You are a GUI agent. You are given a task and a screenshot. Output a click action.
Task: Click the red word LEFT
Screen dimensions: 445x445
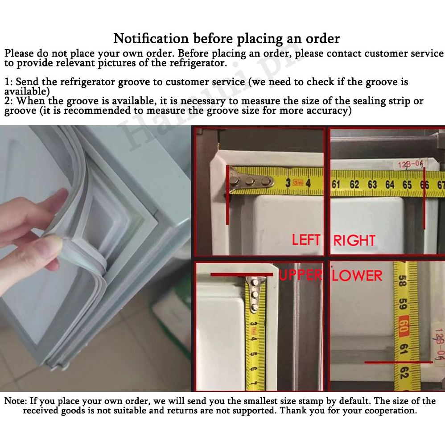pos(306,240)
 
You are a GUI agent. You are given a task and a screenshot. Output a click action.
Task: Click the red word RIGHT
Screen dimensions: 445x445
pos(354,240)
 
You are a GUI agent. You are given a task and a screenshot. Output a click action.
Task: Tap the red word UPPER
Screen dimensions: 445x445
pos(301,275)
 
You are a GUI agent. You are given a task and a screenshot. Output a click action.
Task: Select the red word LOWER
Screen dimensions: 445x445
pos(357,276)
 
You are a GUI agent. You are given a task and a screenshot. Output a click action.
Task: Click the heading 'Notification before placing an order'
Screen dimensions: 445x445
pos(227,38)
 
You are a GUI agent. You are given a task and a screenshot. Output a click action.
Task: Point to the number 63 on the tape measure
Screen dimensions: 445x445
pos(372,185)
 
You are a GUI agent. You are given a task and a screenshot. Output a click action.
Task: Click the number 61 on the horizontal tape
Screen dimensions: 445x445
pos(336,185)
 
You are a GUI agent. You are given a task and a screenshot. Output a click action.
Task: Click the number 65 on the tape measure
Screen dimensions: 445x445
pos(407,185)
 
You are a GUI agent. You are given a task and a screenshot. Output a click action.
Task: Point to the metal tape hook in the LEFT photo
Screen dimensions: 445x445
pos(250,181)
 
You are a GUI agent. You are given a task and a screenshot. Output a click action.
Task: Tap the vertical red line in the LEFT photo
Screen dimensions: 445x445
pos(227,195)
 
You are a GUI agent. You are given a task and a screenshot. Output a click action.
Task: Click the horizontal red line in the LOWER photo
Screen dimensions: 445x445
pos(399,362)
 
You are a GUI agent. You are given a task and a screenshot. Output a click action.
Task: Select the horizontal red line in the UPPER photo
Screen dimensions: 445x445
pos(242,275)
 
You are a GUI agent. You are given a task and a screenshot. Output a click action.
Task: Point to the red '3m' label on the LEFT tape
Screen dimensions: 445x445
pos(298,182)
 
